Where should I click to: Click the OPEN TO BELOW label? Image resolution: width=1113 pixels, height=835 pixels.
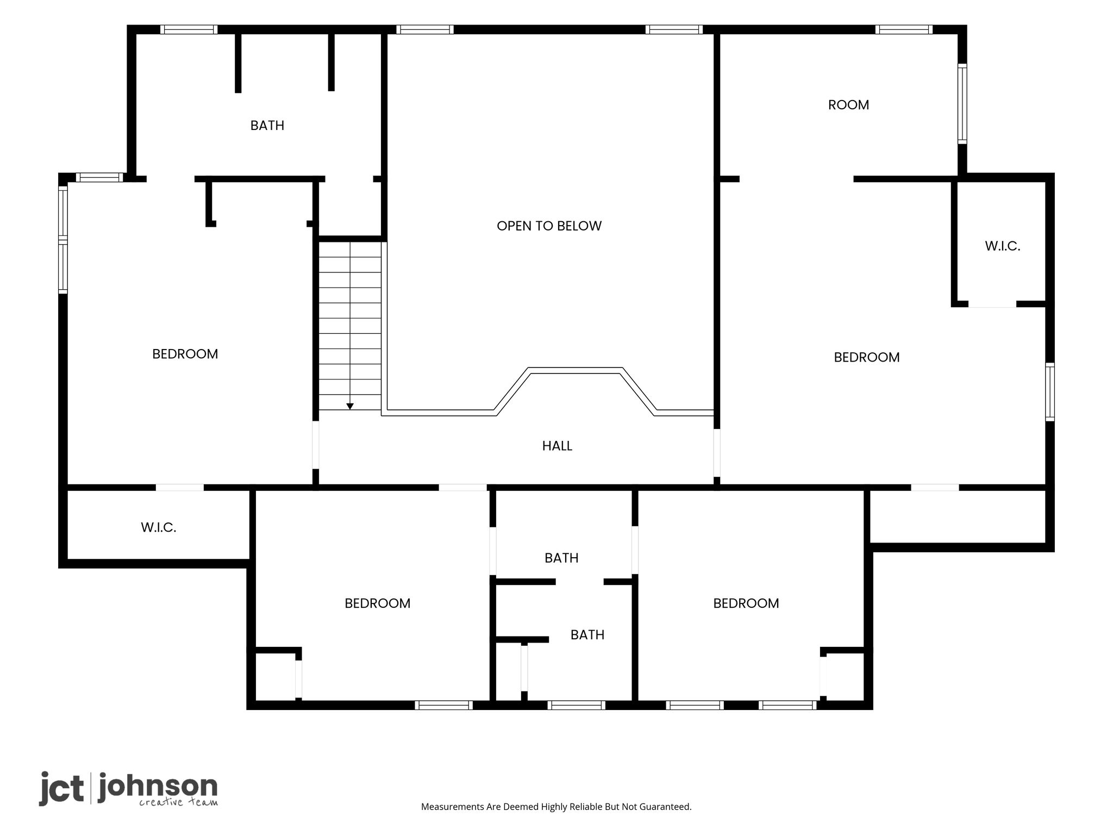coord(549,226)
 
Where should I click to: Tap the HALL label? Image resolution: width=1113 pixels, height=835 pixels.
coord(557,446)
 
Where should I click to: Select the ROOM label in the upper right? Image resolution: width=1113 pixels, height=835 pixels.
coord(848,105)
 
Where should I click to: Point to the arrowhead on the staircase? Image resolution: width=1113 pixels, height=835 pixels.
coord(350,406)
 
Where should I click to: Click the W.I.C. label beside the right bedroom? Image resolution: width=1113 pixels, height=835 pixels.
coord(1003,246)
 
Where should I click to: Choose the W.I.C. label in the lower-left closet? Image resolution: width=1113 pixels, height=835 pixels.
coord(159,527)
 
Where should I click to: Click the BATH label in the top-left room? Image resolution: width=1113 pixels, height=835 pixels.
coord(267,126)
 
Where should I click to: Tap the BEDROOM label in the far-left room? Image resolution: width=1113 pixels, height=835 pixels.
coord(185,354)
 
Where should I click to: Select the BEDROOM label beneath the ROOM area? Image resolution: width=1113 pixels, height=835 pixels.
coord(867,357)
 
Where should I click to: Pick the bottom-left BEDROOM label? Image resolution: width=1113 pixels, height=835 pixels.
coord(378,603)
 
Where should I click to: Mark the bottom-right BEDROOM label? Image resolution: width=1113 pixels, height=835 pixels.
coord(746,603)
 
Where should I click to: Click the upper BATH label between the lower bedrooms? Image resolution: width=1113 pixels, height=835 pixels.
coord(561,558)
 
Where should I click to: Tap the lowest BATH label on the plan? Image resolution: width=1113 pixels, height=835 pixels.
coord(587,635)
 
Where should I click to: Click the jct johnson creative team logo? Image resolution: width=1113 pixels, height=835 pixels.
coord(128,789)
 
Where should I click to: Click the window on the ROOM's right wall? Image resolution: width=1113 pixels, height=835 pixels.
coord(962,104)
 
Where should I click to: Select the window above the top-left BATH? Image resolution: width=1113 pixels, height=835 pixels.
coord(189,29)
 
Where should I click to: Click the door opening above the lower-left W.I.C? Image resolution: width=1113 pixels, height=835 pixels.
coord(180,488)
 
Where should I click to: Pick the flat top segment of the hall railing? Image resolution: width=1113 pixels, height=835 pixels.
coord(575,370)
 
